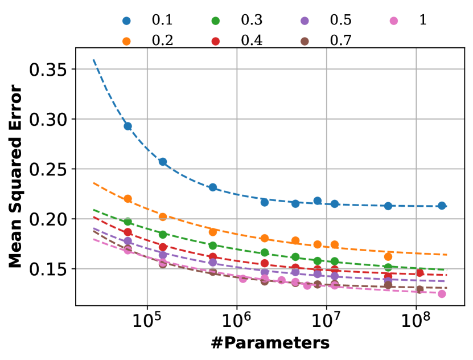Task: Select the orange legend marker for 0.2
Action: (126, 40)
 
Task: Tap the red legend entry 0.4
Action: (252, 40)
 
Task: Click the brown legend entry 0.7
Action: (340, 40)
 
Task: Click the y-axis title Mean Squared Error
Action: (16, 177)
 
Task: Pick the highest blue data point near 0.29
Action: (128, 126)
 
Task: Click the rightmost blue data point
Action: (442, 206)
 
